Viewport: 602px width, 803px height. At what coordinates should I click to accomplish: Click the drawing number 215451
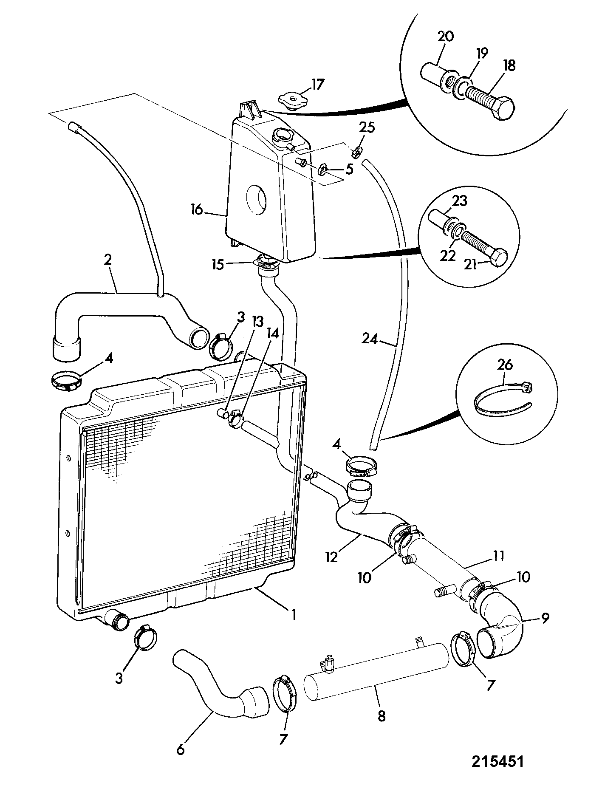tap(497, 760)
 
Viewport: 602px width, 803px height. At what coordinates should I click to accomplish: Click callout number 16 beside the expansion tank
tap(198, 210)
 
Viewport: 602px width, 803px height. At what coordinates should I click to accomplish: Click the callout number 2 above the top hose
tap(108, 260)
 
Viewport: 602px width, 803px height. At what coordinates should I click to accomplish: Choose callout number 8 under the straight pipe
tap(382, 715)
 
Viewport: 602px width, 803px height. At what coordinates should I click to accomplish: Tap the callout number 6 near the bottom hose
tap(181, 750)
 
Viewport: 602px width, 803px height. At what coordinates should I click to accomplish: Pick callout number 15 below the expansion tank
tap(220, 264)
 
